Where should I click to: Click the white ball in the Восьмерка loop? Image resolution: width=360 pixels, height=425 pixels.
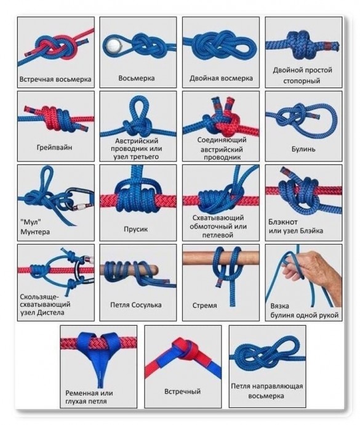tap(112, 45)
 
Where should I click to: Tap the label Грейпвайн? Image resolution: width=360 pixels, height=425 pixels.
tap(54, 147)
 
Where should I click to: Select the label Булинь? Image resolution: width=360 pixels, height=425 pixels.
tap(303, 149)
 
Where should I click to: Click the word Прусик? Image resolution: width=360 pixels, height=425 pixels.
tap(136, 229)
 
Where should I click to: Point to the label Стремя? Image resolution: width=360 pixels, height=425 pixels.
tap(204, 306)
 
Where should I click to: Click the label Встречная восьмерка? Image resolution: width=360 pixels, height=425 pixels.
tap(55, 79)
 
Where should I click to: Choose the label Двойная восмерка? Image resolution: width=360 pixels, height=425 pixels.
tap(221, 78)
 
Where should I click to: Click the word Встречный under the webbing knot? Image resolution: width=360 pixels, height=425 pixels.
tap(183, 391)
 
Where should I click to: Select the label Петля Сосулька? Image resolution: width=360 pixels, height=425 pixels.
tap(136, 305)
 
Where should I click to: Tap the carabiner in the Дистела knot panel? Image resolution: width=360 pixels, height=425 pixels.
tap(82, 270)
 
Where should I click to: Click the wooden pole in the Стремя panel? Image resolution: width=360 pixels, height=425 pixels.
tap(221, 257)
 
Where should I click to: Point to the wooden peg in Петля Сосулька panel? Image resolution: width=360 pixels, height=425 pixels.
tap(129, 270)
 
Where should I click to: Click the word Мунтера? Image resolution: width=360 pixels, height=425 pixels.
tap(35, 232)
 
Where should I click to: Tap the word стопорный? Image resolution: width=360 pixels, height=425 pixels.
tap(302, 81)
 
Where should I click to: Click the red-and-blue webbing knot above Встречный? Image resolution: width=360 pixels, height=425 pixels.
tap(186, 350)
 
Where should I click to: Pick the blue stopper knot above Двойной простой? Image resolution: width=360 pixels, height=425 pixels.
tap(300, 44)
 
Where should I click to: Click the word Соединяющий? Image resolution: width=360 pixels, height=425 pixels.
tap(222, 140)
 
